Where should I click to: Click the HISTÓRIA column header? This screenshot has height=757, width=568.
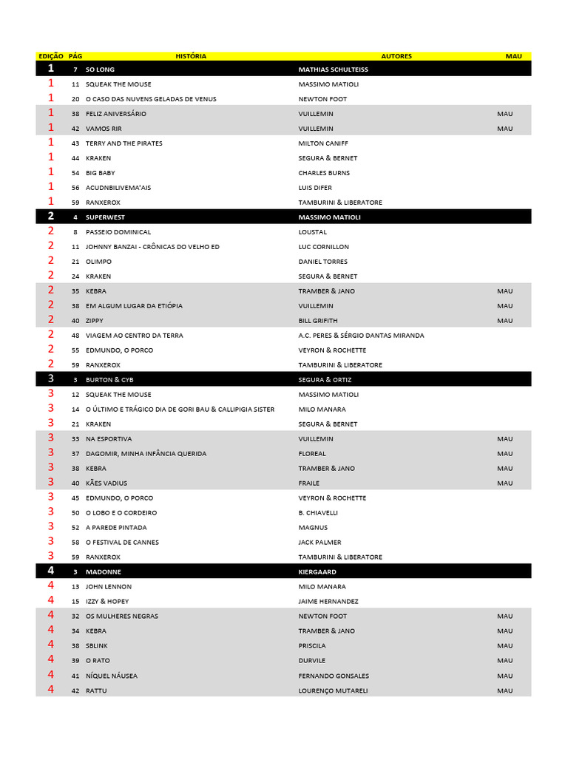click(x=191, y=56)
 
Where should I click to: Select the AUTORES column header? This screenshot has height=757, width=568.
click(x=396, y=56)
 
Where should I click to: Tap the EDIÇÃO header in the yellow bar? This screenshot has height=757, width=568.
click(x=51, y=56)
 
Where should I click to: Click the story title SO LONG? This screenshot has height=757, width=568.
click(x=100, y=69)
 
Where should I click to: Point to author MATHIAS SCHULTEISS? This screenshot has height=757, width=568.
click(x=333, y=69)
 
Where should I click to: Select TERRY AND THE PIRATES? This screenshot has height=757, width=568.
click(x=124, y=143)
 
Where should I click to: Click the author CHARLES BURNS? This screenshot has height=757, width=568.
click(x=324, y=173)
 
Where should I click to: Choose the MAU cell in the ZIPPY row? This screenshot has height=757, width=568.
click(x=504, y=321)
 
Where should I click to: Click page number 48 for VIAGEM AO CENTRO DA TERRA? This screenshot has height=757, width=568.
click(x=75, y=336)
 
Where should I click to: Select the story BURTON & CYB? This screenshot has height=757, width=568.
click(x=109, y=380)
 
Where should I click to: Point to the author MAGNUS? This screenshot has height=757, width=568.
click(x=313, y=528)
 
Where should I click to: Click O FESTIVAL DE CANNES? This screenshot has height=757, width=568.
click(x=122, y=543)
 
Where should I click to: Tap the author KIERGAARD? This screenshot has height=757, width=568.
click(x=319, y=572)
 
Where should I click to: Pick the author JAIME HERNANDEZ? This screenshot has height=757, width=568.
click(x=328, y=602)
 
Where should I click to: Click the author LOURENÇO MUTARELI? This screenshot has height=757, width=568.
click(x=333, y=690)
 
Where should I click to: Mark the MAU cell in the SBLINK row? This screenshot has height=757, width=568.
click(x=504, y=646)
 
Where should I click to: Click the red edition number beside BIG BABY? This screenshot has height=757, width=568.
click(x=51, y=172)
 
